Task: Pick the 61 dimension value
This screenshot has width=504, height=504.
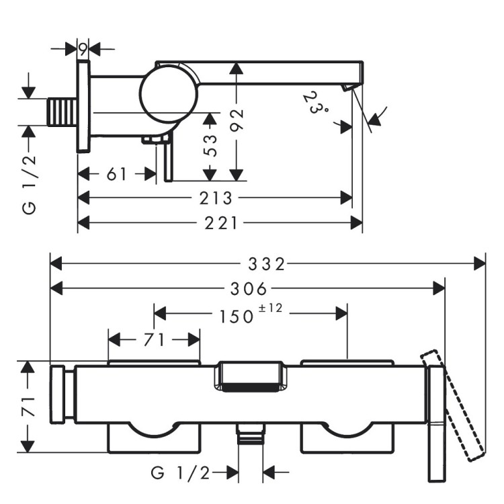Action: point(116,174)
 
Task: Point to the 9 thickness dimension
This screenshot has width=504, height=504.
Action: point(83,48)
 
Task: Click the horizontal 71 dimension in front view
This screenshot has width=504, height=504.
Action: point(153,339)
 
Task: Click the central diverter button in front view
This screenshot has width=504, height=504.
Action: point(248,378)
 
